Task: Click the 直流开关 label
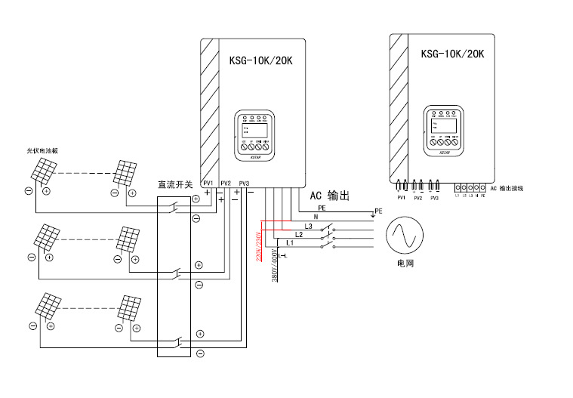point(175,184)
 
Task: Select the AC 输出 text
point(330,195)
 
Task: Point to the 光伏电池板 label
point(43,151)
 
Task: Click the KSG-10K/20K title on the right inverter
point(451,54)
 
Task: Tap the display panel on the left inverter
point(254,137)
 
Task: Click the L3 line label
point(307,226)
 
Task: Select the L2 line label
point(299,235)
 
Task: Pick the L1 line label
point(291,243)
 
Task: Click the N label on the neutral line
point(316,217)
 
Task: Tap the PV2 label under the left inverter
point(226,184)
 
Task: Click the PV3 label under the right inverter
point(434,198)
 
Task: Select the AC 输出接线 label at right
point(507,187)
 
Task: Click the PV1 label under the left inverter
point(208,184)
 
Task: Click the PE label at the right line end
point(378,211)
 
